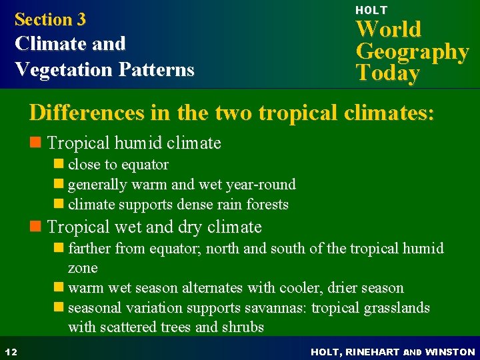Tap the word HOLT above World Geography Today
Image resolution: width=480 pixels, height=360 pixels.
point(371,10)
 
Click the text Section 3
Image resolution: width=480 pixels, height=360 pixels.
point(50,19)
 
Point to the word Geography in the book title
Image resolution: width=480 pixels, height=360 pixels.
point(412,51)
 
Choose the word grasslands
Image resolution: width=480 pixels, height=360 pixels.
point(395,307)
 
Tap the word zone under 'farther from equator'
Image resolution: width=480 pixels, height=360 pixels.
point(83,268)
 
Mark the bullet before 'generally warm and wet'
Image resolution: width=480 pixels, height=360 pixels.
point(59,185)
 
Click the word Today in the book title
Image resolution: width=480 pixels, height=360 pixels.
point(388,73)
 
